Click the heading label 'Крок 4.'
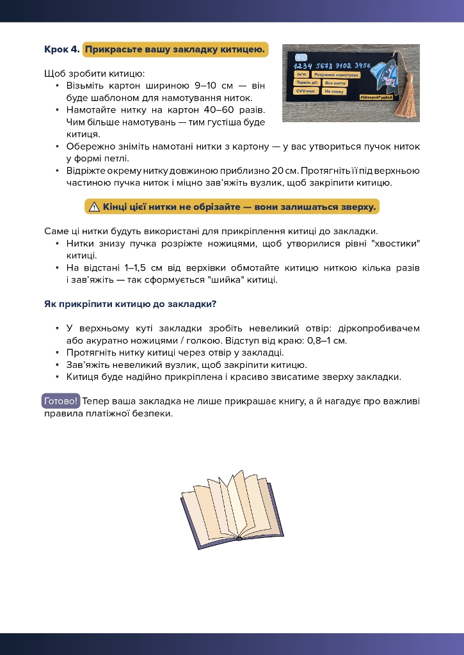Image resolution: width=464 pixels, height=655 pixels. [x=62, y=49]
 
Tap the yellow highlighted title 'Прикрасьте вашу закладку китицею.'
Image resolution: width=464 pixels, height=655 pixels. [x=175, y=49]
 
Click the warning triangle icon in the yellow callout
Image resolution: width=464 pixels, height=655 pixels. [x=94, y=207]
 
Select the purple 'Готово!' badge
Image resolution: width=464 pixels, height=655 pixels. [x=61, y=401]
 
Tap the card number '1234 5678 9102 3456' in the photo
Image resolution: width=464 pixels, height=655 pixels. [x=332, y=65]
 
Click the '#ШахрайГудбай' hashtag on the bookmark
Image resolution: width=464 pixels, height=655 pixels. [x=375, y=97]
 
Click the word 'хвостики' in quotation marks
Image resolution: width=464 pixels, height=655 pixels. [x=394, y=244]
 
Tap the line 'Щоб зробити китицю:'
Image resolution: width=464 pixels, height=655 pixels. [x=94, y=74]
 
